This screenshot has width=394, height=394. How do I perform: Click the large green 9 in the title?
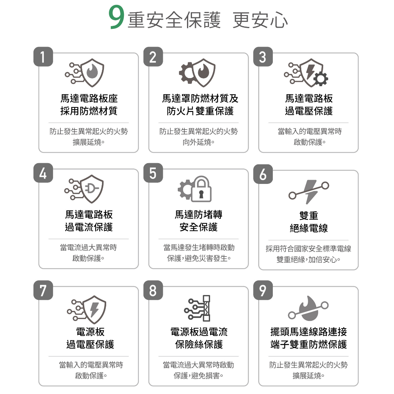tap(116, 17)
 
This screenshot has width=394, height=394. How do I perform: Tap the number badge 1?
tap(43, 57)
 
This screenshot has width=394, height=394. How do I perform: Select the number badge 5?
tap(153, 173)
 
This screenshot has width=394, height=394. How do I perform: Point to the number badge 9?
tap(263, 290)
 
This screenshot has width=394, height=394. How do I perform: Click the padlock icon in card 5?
tap(201, 189)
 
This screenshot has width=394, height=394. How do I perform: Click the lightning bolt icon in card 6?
tap(311, 192)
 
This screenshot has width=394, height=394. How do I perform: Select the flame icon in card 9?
tap(309, 309)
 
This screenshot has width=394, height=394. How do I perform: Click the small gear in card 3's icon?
tap(321, 78)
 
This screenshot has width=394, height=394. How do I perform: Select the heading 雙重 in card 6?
tap(309, 215)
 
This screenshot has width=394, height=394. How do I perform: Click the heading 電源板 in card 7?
tap(90, 332)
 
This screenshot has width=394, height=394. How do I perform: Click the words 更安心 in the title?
tap(260, 20)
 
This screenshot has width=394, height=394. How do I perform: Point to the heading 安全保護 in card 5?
tap(199, 227)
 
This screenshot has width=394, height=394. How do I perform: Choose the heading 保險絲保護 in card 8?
tap(199, 344)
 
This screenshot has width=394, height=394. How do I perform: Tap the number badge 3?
tap(263, 57)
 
